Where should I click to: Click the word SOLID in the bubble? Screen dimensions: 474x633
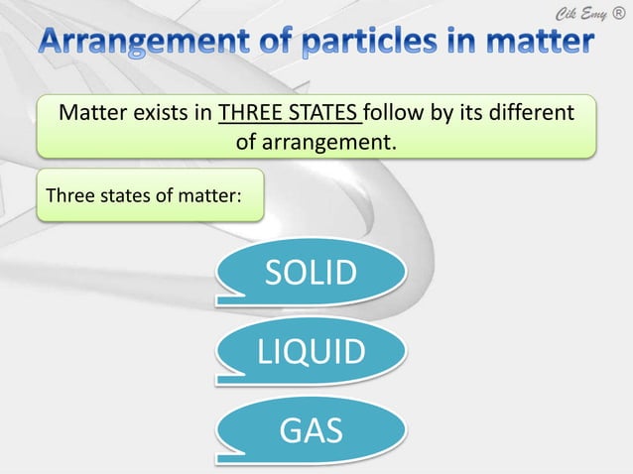pyautogui.click(x=309, y=272)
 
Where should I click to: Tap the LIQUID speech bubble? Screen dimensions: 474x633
pyautogui.click(x=311, y=350)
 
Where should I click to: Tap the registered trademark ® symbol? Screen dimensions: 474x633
pyautogui.click(x=620, y=12)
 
